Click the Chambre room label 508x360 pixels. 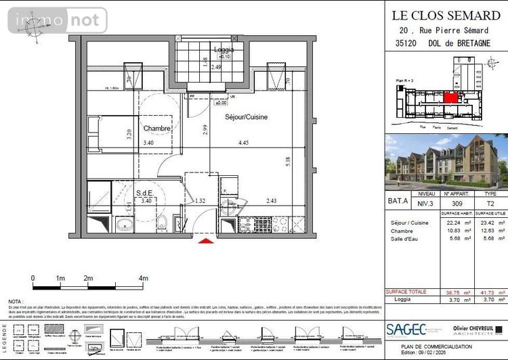tap(156, 128)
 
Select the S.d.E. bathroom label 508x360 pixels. tap(144, 194)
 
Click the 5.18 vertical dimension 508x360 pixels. tap(289, 162)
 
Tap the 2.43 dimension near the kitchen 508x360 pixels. tap(271, 200)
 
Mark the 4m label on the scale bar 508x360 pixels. tap(144, 278)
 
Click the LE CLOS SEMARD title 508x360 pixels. tap(446, 15)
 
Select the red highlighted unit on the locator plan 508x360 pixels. tap(450, 98)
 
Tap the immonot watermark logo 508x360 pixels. tap(57, 20)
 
